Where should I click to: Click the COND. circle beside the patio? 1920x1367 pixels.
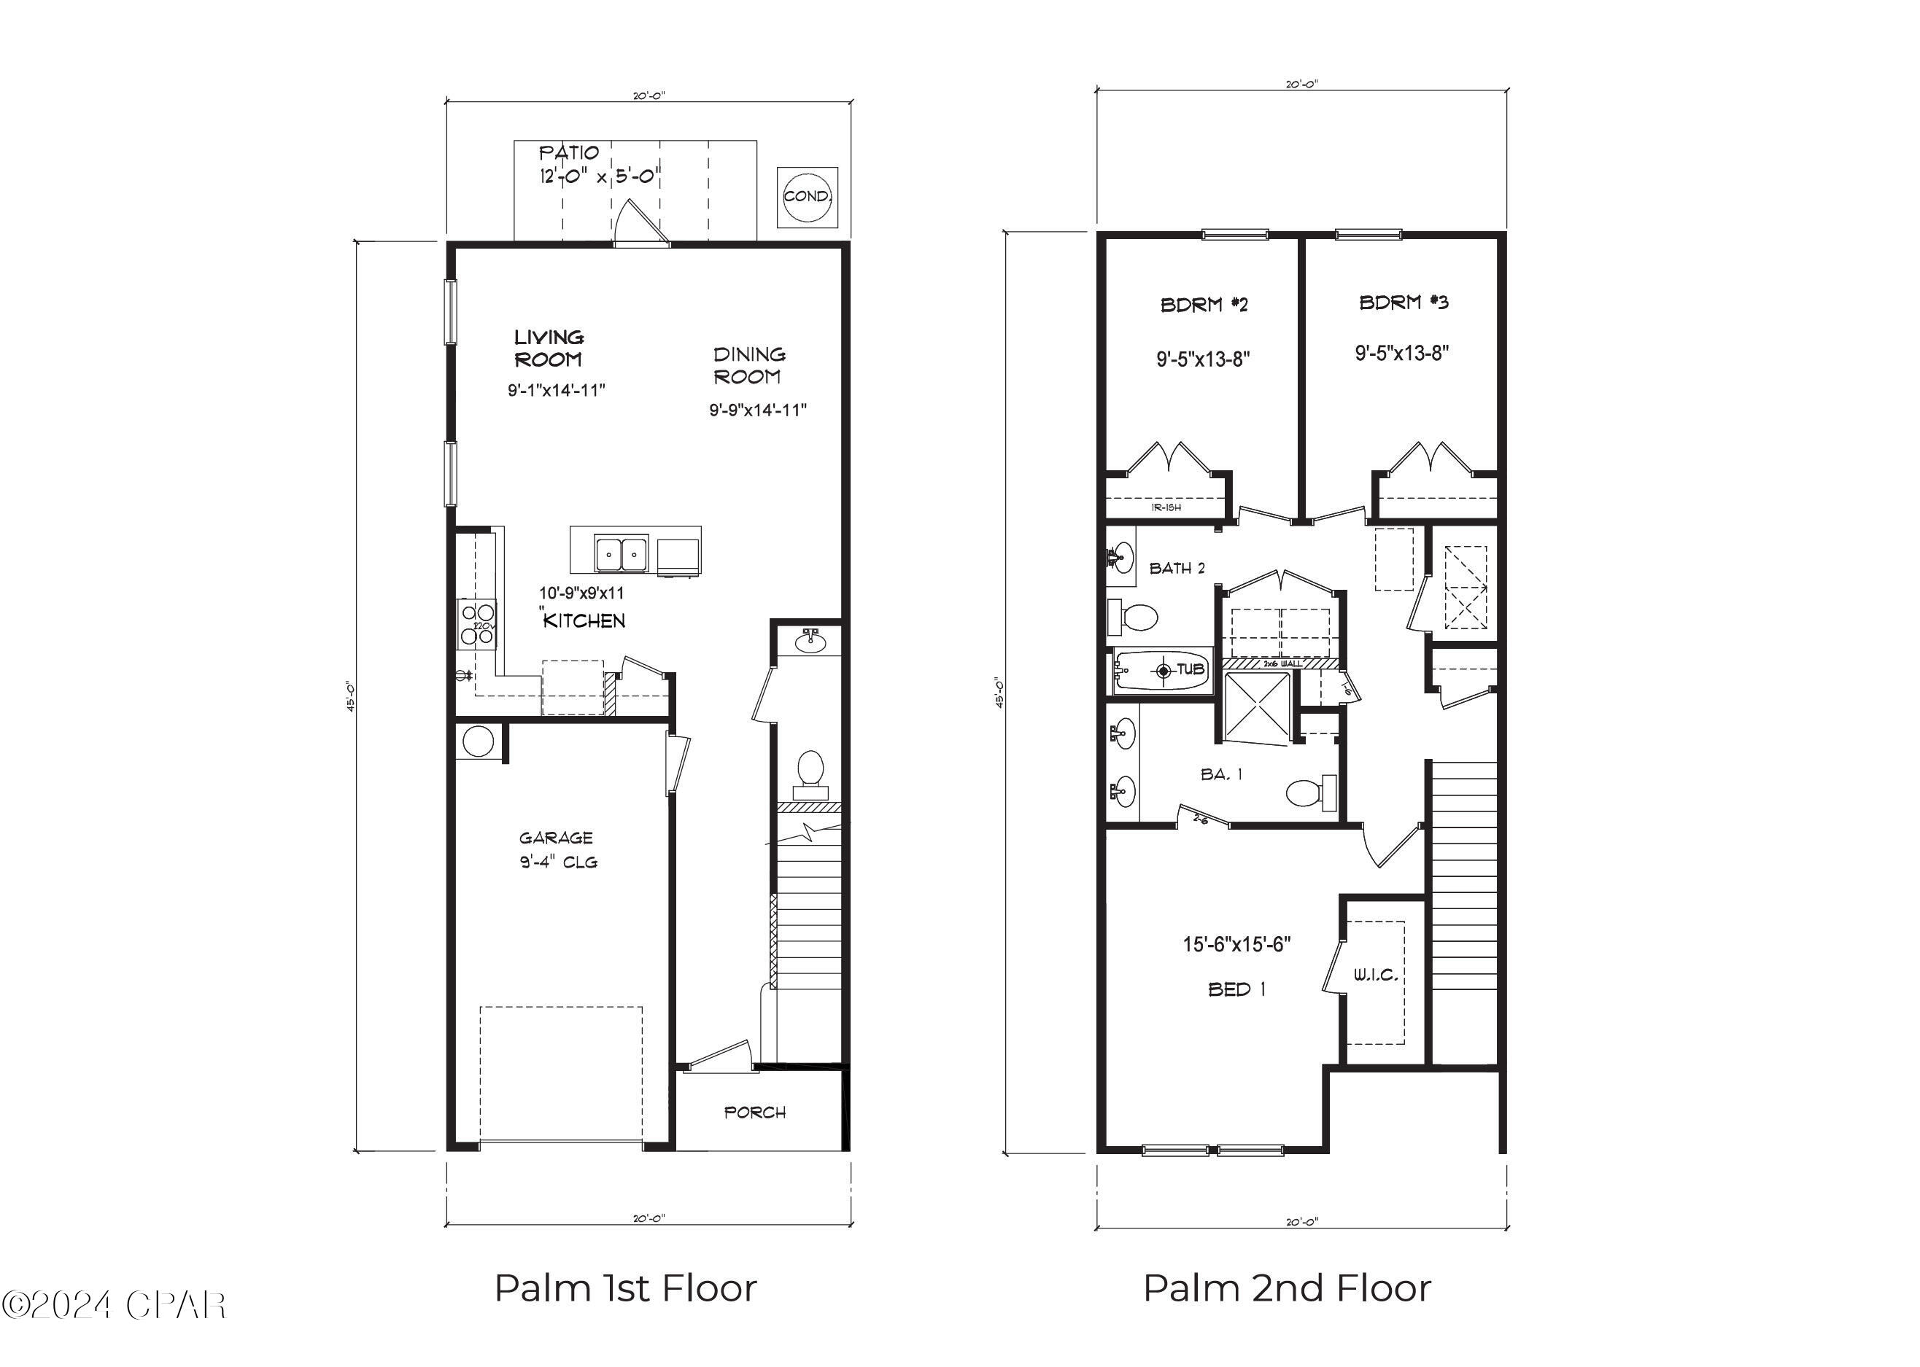(x=807, y=196)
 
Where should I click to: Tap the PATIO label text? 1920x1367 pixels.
(x=569, y=153)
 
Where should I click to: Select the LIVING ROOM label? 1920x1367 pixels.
(x=549, y=348)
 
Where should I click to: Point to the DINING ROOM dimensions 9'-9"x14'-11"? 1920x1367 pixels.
(x=758, y=410)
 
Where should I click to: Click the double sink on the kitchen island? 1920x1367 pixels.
(x=622, y=553)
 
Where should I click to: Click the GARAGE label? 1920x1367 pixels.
(x=556, y=838)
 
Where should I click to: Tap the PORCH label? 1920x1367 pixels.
(x=755, y=1113)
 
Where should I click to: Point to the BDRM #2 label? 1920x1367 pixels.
(x=1204, y=305)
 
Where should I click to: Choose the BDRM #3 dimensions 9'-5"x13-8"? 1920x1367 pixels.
(x=1402, y=353)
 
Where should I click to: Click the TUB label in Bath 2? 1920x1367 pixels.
(x=1190, y=670)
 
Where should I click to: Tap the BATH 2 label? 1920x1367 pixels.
(x=1177, y=568)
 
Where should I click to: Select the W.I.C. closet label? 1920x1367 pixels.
(x=1376, y=975)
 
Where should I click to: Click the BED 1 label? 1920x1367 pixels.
(x=1236, y=989)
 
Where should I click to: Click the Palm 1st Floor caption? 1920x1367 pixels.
(x=625, y=1288)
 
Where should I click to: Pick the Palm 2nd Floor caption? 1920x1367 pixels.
(x=1287, y=1288)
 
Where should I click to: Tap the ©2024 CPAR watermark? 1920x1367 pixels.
(x=114, y=1305)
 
